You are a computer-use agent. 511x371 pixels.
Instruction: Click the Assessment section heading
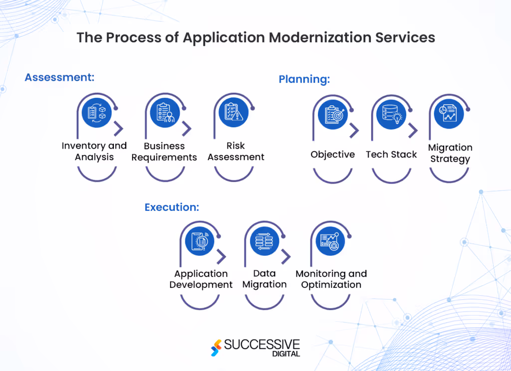(x=59, y=77)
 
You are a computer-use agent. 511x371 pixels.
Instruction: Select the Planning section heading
(x=304, y=79)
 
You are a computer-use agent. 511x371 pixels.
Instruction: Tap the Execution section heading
(x=172, y=207)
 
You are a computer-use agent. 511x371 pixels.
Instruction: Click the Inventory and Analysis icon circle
(x=97, y=113)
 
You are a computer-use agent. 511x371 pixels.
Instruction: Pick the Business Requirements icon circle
(x=165, y=113)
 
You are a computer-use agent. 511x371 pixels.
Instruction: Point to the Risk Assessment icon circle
(x=234, y=113)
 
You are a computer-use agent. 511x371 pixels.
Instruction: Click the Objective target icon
(x=332, y=114)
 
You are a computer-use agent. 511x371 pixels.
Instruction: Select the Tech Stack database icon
(x=391, y=114)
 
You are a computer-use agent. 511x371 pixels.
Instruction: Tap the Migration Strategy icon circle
(x=449, y=114)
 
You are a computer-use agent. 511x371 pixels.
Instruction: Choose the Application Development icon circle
(x=200, y=241)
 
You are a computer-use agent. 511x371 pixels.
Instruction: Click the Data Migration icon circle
(x=264, y=241)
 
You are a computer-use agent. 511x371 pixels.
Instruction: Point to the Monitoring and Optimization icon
(x=330, y=241)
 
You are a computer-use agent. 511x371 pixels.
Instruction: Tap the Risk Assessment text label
(x=236, y=151)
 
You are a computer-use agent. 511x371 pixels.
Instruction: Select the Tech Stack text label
(x=391, y=155)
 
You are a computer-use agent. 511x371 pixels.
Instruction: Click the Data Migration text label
(x=264, y=279)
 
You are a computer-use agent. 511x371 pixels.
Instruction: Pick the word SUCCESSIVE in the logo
(x=261, y=344)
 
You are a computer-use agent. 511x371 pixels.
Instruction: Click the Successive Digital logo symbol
(x=217, y=348)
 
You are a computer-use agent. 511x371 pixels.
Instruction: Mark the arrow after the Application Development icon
(x=222, y=257)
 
